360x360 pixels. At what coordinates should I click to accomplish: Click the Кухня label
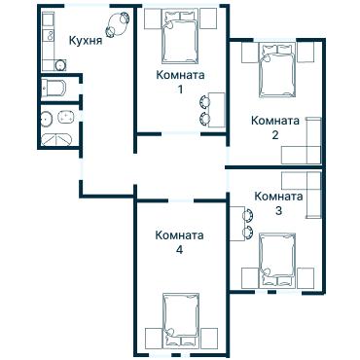86,41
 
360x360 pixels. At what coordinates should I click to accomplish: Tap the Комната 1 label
180,82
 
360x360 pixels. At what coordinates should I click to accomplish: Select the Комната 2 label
274,127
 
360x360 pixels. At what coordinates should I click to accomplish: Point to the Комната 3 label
278,202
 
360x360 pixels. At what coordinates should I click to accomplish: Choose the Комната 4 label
179,242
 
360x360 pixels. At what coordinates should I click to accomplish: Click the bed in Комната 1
180,35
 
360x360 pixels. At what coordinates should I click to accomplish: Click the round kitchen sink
59,65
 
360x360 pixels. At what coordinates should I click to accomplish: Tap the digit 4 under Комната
179,250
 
